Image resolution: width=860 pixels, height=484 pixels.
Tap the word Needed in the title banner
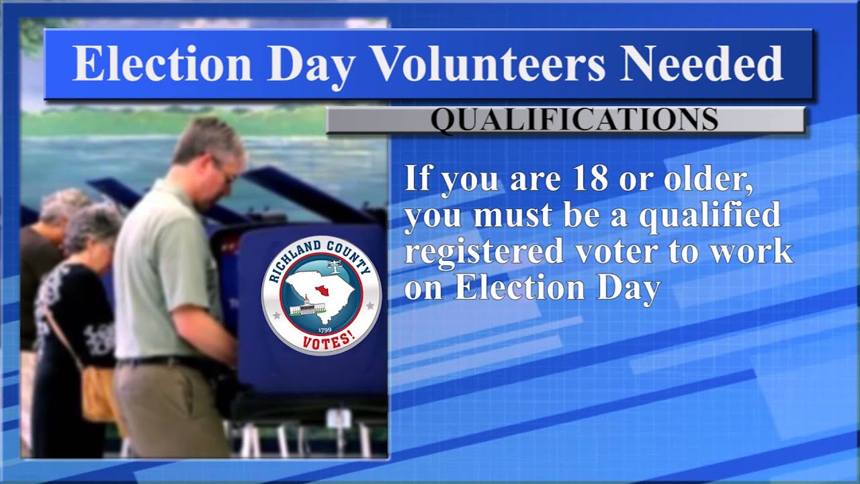(701, 64)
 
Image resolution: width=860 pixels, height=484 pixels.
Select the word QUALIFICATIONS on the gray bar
(574, 120)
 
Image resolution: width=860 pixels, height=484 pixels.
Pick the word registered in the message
(484, 251)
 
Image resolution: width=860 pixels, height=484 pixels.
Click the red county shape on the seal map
(320, 290)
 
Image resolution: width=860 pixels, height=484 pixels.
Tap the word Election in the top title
(162, 64)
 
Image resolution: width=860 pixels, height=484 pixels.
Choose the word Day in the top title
(312, 64)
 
